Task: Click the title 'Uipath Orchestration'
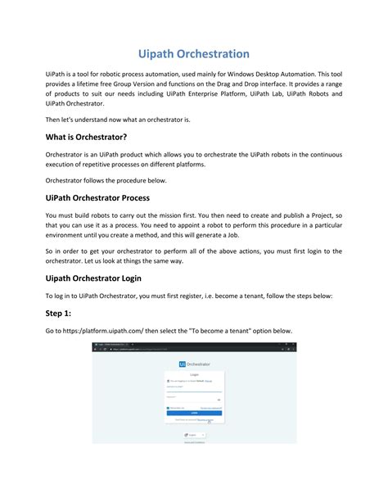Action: [x=193, y=54]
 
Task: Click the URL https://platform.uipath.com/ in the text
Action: [x=105, y=331]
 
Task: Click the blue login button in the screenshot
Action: [x=194, y=413]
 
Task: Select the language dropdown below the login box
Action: [x=193, y=435]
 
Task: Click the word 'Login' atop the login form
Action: [x=194, y=374]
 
